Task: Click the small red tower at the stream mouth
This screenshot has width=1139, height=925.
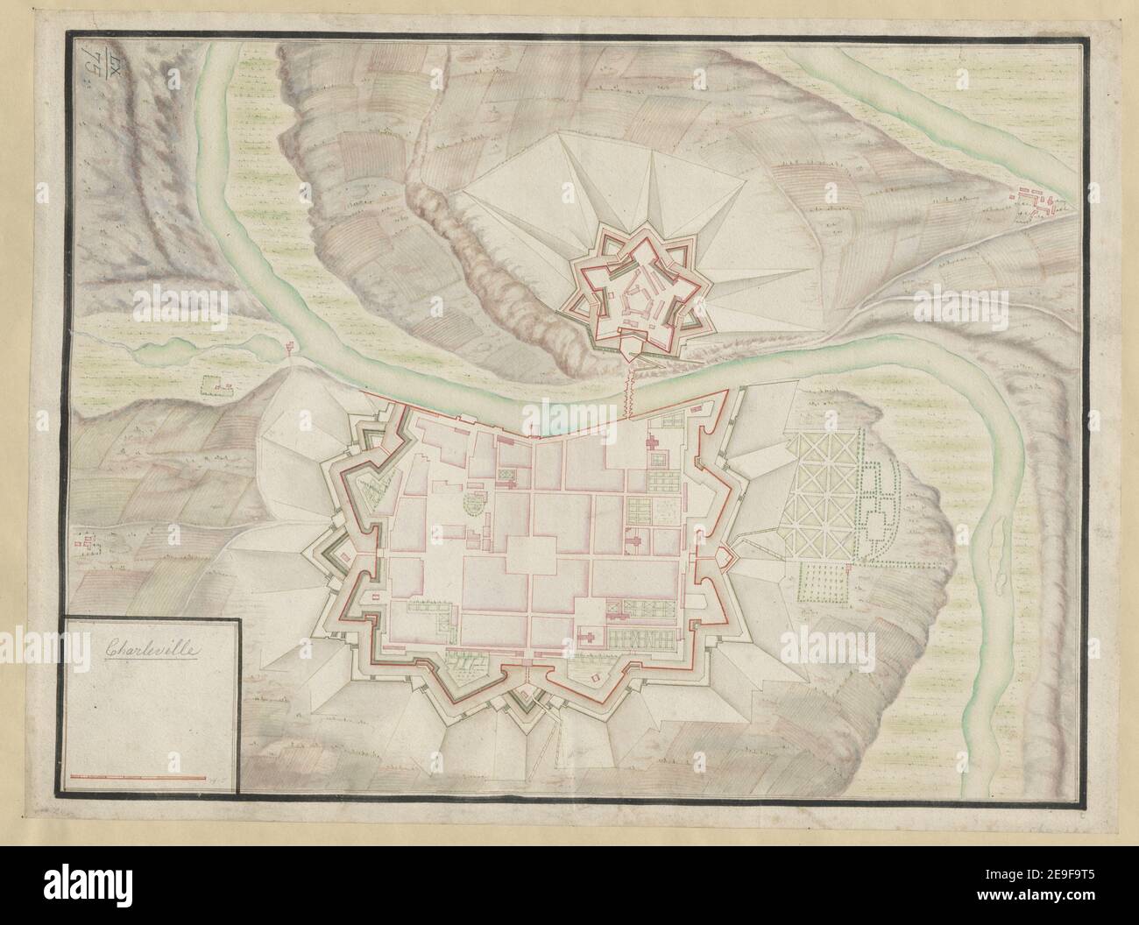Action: click(x=290, y=349)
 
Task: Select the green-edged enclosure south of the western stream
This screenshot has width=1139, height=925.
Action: click(x=211, y=383)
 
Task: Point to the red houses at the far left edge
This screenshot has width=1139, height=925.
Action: click(x=85, y=545)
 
